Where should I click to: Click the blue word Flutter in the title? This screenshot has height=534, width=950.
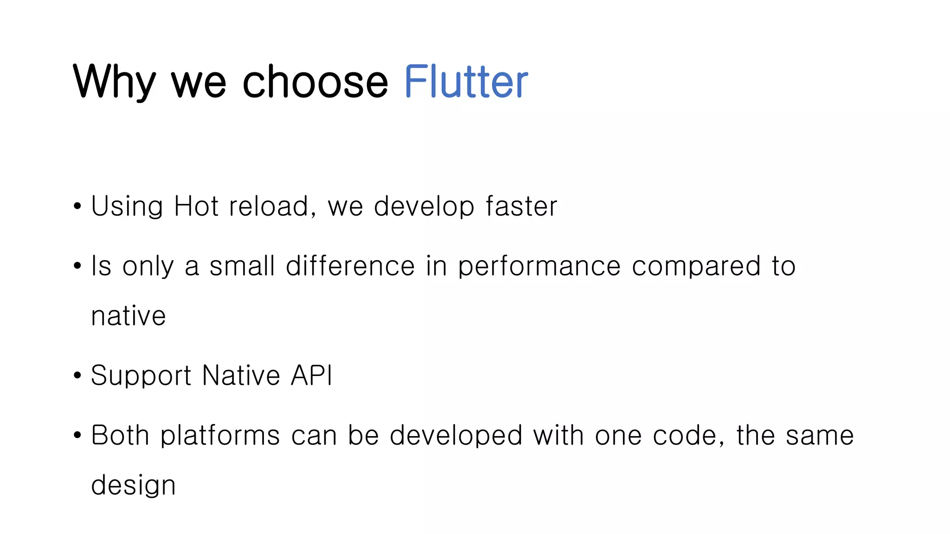(466, 82)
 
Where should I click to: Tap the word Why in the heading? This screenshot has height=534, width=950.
(114, 82)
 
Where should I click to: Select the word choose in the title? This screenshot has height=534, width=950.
(315, 82)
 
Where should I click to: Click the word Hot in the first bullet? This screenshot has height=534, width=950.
(196, 206)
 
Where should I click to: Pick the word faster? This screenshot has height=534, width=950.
(521, 206)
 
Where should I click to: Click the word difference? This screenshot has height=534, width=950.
(350, 266)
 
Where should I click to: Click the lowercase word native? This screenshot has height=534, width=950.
(128, 316)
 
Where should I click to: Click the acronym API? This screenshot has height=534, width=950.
(311, 375)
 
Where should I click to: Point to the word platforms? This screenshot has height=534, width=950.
(220, 436)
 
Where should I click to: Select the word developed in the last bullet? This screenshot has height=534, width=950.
(456, 435)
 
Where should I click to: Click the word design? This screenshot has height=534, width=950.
(133, 486)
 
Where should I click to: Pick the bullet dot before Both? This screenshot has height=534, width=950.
(77, 435)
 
